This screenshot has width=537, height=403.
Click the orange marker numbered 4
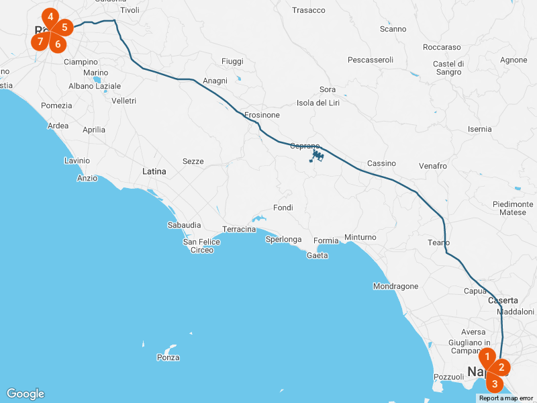[x=50, y=17]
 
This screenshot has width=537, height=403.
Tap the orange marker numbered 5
[x=64, y=28]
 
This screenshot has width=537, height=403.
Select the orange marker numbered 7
[x=40, y=42]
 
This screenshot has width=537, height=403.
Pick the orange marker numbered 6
[x=57, y=44]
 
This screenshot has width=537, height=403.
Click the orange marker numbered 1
[x=487, y=356]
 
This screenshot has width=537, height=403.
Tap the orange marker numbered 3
[x=495, y=384]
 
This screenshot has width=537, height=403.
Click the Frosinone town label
[x=262, y=115]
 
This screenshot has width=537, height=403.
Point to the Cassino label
[x=381, y=163]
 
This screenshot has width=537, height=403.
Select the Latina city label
[x=154, y=171]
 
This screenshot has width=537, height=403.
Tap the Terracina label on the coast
[x=239, y=229]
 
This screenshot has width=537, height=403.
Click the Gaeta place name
[x=317, y=255]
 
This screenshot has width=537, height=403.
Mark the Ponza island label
[x=168, y=357]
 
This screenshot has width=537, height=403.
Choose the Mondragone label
[x=395, y=286]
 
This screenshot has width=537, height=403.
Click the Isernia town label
[x=479, y=129]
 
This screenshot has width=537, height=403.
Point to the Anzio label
[x=87, y=178]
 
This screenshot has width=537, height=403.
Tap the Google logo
[x=26, y=394]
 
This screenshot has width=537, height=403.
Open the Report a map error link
[x=505, y=398]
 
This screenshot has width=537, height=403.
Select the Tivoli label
[x=130, y=10]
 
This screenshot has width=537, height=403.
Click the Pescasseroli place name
[x=370, y=60]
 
